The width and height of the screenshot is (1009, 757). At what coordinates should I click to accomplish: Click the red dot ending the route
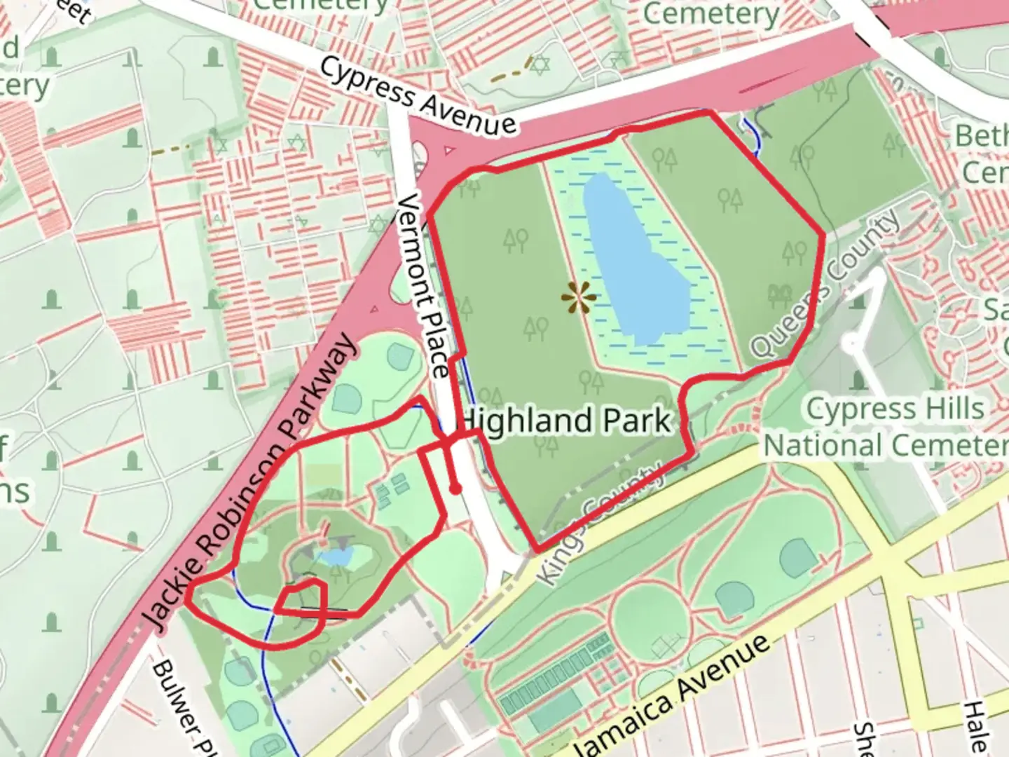(x=455, y=489)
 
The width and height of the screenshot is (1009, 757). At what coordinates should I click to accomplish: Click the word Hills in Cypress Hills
(x=950, y=409)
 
